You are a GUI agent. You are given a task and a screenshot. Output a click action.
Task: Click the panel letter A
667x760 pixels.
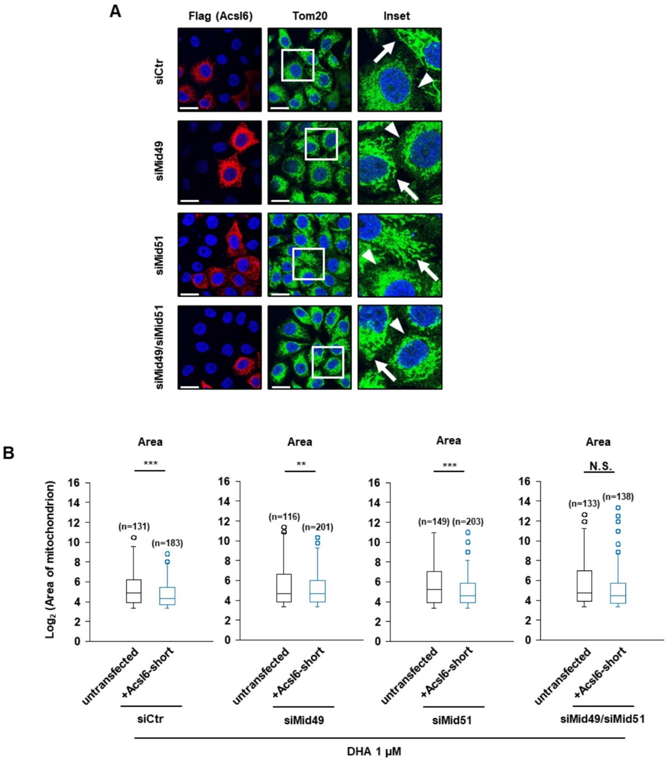(x=115, y=11)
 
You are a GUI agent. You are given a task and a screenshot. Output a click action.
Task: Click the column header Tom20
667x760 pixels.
(x=310, y=16)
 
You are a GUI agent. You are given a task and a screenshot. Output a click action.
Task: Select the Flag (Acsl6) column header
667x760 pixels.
(x=220, y=16)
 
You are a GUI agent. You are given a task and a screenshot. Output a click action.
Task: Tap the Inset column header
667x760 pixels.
(x=397, y=16)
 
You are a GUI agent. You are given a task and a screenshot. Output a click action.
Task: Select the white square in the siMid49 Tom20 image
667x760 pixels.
(x=321, y=144)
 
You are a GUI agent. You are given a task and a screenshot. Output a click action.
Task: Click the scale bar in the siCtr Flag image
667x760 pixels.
(x=189, y=108)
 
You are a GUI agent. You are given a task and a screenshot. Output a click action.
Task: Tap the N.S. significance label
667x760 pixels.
(x=600, y=466)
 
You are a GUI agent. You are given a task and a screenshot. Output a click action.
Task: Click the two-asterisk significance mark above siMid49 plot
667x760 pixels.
(x=300, y=465)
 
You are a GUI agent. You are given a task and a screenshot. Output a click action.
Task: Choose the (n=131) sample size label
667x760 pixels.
(x=134, y=526)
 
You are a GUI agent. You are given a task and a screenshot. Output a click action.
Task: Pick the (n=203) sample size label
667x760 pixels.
(x=467, y=522)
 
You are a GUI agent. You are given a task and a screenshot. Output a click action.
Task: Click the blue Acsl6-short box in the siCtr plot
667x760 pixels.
(x=167, y=596)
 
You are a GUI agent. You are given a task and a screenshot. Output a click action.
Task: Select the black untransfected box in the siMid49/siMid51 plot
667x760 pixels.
(x=584, y=586)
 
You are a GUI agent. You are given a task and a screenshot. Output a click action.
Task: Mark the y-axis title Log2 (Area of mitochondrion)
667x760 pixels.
(x=50, y=560)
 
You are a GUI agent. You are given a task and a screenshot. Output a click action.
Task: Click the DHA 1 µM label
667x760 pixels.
(x=374, y=751)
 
